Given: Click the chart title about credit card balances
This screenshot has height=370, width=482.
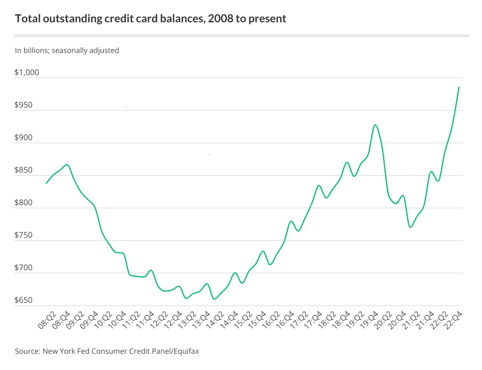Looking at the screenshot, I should point(151,19).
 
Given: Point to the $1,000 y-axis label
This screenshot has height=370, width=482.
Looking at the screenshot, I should point(27,72).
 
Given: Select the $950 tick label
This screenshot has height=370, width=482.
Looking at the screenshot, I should point(23,105).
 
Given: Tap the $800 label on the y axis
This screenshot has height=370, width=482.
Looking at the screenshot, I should point(23,202).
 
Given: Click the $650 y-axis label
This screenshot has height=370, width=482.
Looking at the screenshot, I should point(23,300).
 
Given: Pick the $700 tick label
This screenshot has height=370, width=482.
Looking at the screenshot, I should point(23,268).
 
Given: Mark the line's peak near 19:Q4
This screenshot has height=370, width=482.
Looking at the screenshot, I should point(375,125).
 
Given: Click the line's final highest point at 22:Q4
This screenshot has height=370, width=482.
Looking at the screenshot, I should point(459,87).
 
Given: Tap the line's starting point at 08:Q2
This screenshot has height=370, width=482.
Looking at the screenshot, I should point(46,183).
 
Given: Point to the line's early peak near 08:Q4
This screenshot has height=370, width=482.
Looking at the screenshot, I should point(67,165).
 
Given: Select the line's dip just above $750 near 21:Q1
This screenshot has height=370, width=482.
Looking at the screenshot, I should point(410,227).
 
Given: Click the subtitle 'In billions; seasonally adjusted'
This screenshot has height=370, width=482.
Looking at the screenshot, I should point(67,51).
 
